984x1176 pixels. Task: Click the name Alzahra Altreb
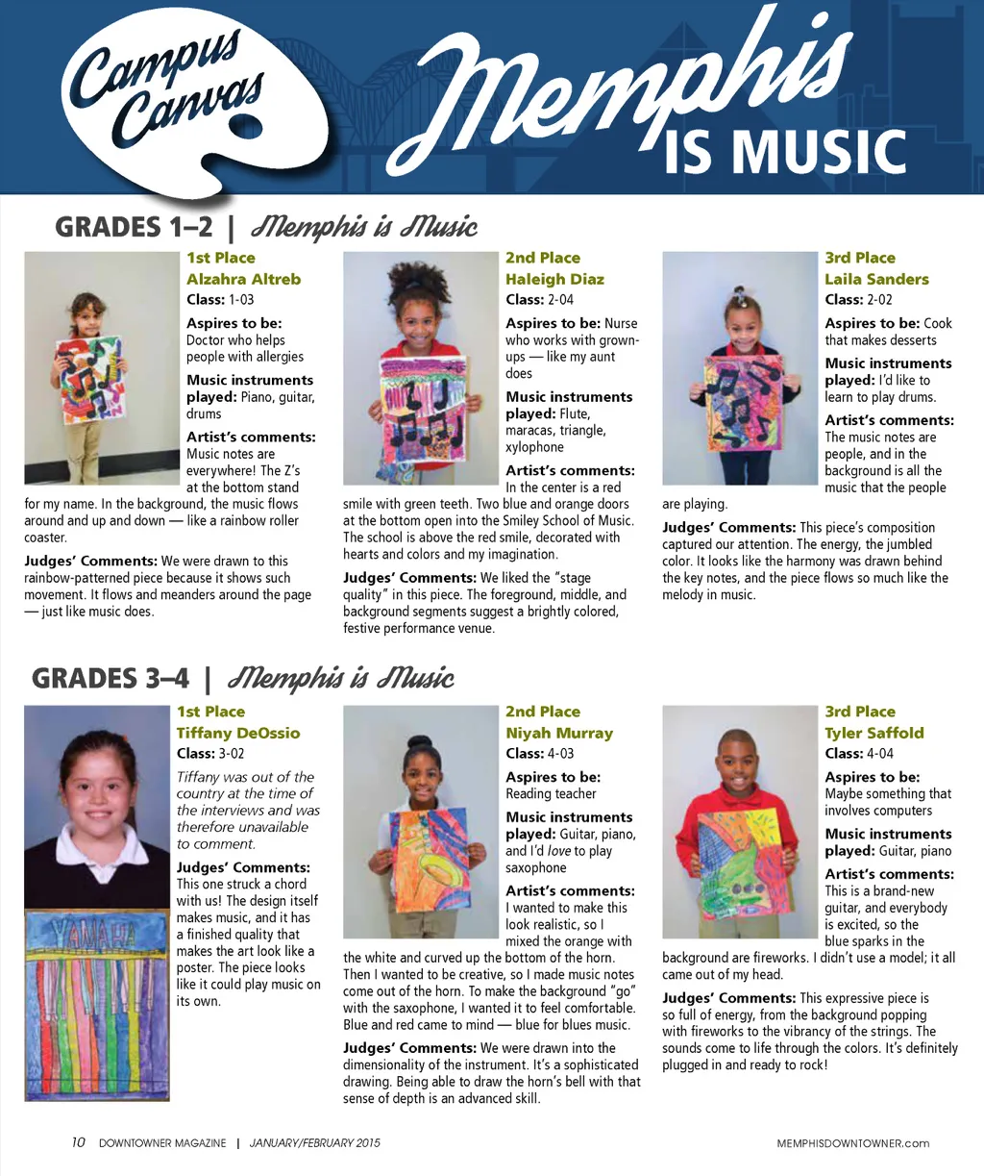point(243,279)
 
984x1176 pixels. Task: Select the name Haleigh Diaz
point(554,279)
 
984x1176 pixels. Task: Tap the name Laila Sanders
point(876,279)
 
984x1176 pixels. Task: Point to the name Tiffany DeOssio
point(238,733)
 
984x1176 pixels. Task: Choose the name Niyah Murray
point(559,733)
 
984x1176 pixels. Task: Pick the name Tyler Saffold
point(874,733)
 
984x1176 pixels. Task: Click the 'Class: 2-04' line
point(539,299)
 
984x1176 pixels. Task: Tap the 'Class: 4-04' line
point(859,753)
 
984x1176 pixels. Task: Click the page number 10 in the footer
point(79,1142)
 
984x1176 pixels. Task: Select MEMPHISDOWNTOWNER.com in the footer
point(853,1143)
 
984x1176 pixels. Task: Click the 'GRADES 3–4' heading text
point(111,679)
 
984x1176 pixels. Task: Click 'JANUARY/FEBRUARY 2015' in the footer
point(314,1143)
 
